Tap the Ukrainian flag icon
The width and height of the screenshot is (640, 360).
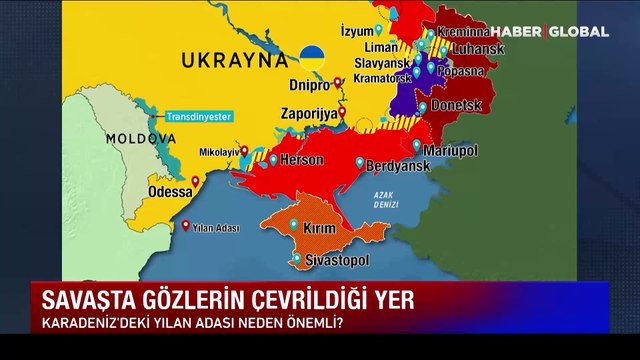tap(313, 56)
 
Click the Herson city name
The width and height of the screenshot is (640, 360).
tap(304, 160)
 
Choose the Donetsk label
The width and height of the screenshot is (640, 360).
tap(458, 104)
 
